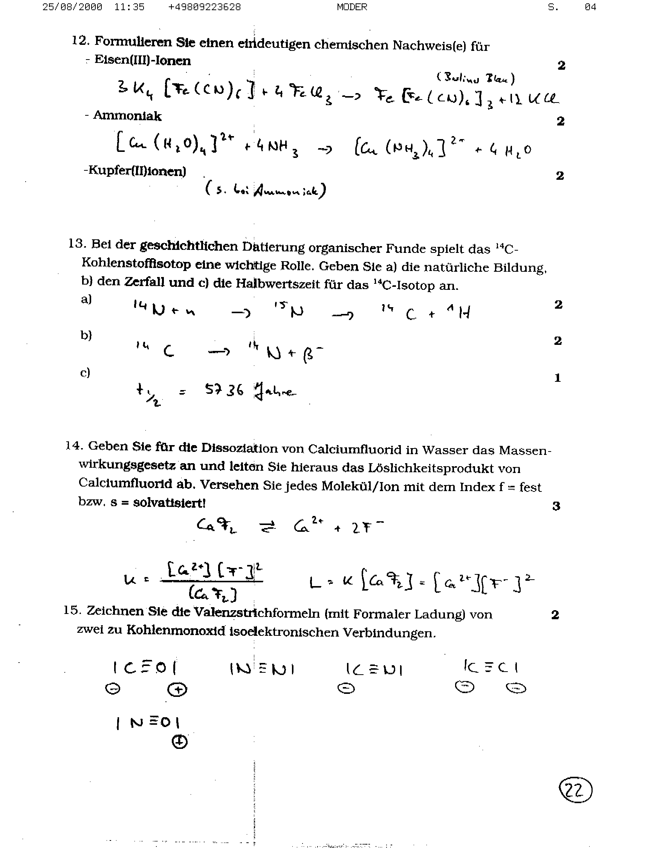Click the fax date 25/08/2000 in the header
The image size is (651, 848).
(72, 7)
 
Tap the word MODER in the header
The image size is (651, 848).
(352, 7)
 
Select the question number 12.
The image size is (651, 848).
(81, 40)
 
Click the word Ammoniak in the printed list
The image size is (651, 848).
(127, 116)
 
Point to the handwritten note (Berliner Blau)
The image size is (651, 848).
(475, 78)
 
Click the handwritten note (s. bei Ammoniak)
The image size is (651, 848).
(266, 190)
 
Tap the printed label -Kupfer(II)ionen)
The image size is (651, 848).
(135, 171)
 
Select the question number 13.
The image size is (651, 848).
(77, 243)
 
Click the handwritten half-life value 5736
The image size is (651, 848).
(224, 389)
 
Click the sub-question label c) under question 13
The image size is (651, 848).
(85, 372)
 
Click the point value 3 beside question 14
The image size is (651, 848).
(556, 506)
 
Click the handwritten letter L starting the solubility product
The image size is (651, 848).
(315, 582)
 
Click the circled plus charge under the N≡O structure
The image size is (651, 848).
(179, 741)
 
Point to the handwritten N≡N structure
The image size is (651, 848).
(262, 669)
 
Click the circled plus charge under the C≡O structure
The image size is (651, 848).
(177, 689)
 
